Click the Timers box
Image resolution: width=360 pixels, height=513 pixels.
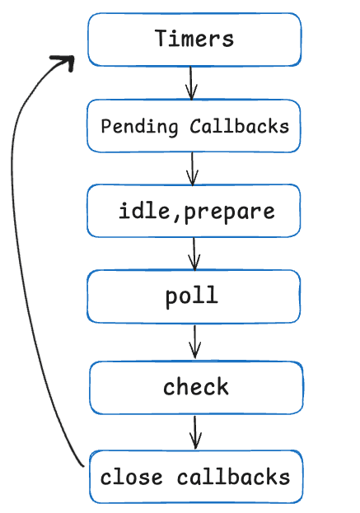coord(194,39)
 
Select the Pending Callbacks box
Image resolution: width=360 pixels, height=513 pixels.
coord(194,126)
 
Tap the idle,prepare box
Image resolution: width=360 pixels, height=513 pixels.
coord(194,211)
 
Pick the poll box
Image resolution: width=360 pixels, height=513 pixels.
coord(194,296)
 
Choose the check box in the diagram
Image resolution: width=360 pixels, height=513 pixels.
coord(196,387)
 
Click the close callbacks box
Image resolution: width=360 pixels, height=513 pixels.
coord(195,477)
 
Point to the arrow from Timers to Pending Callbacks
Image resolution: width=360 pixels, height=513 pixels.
coord(192,82)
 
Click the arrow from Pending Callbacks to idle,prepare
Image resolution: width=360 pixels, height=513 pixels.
coord(193,169)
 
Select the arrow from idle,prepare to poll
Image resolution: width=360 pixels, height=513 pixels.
coord(194,254)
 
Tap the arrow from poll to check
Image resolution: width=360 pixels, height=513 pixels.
coord(195,341)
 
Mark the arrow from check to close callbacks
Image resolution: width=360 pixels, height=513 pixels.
coord(195,431)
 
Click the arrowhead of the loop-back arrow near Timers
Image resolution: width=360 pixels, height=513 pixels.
coord(64,62)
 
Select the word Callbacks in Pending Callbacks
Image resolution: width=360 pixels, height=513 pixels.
coord(239,126)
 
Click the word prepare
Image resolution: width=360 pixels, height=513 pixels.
coord(229,212)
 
